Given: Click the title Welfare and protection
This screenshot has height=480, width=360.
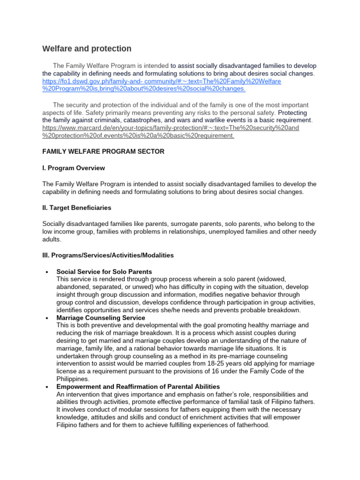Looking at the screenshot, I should [87, 49].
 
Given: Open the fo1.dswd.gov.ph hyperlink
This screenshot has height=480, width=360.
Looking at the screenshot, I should [162, 82].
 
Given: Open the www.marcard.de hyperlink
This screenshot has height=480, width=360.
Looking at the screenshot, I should [171, 128].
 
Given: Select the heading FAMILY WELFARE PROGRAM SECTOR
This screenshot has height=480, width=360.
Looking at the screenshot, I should [103, 151].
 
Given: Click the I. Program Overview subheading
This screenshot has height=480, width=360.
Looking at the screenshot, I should [74, 168].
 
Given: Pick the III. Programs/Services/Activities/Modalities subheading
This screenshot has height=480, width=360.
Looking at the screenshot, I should [108, 255].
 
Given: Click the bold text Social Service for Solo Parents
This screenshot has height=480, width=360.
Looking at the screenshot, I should [104, 271].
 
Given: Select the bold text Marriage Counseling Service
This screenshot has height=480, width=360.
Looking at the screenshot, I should [100, 318].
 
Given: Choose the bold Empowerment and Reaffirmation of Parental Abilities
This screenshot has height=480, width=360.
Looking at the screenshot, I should [138, 387].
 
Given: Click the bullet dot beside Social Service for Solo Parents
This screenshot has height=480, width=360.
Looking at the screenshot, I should [46, 272].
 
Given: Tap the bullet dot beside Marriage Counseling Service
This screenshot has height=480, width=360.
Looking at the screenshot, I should [46, 318].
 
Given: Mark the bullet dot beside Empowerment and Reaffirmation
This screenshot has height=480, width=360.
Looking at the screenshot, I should [46, 387].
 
